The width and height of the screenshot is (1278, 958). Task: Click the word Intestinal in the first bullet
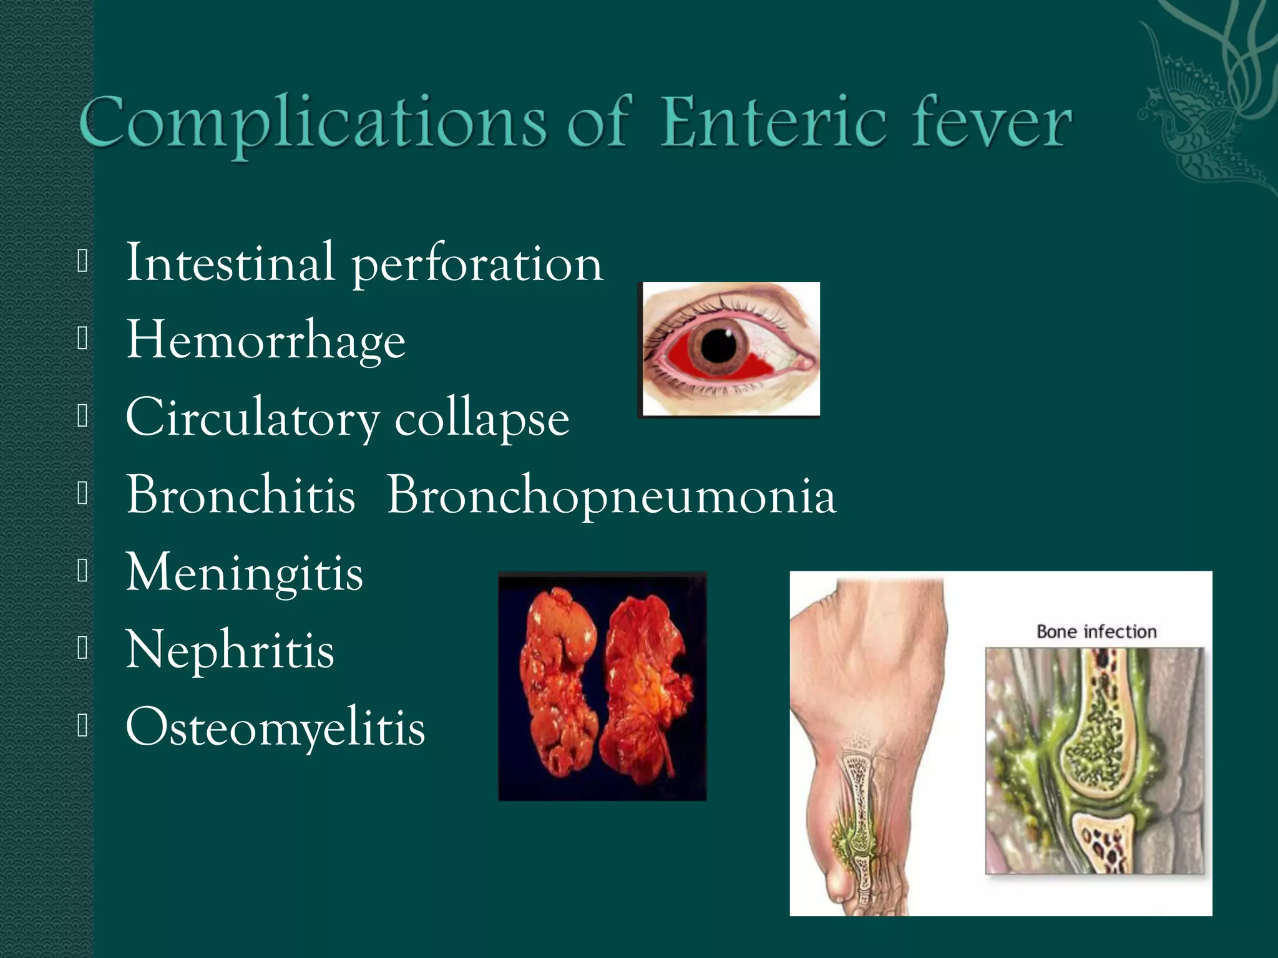coord(230,263)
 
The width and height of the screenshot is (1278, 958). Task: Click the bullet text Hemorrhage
coord(266,341)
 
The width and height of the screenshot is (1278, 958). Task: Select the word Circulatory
coord(252,419)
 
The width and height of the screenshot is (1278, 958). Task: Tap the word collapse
coord(482,419)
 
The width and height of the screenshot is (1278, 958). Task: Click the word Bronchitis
coord(241,495)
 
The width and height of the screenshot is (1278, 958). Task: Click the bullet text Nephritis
coord(230,650)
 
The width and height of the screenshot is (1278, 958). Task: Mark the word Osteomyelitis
coord(275,728)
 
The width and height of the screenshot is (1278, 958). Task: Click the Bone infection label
coord(1096,632)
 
